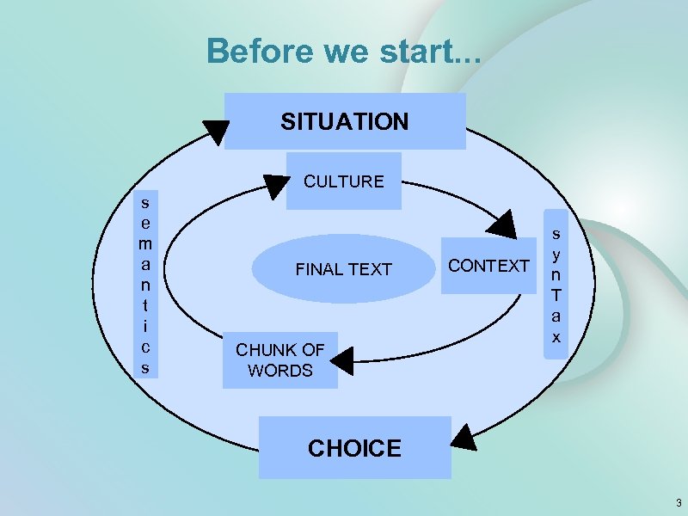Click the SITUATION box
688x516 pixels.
[x=345, y=121]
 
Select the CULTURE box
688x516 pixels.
[x=344, y=181]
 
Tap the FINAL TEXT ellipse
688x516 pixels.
[x=343, y=269]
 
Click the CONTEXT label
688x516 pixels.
[x=489, y=266]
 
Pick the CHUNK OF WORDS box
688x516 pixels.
[x=280, y=360]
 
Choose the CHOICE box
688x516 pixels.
[x=354, y=448]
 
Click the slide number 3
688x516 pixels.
[x=678, y=502]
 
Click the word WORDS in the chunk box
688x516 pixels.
[x=280, y=371]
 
